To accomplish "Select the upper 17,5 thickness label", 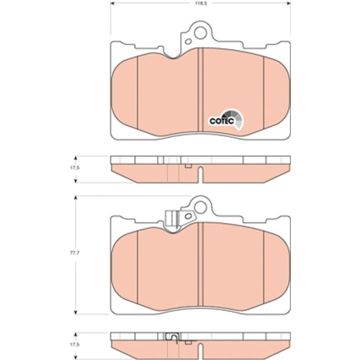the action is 73,168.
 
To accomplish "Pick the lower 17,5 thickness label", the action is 73,344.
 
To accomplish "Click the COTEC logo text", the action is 222,121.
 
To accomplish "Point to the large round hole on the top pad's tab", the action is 200,33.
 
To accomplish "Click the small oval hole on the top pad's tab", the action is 189,42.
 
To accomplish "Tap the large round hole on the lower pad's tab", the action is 200,207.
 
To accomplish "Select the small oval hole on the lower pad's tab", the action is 189,216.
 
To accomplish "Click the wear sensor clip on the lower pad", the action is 172,218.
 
